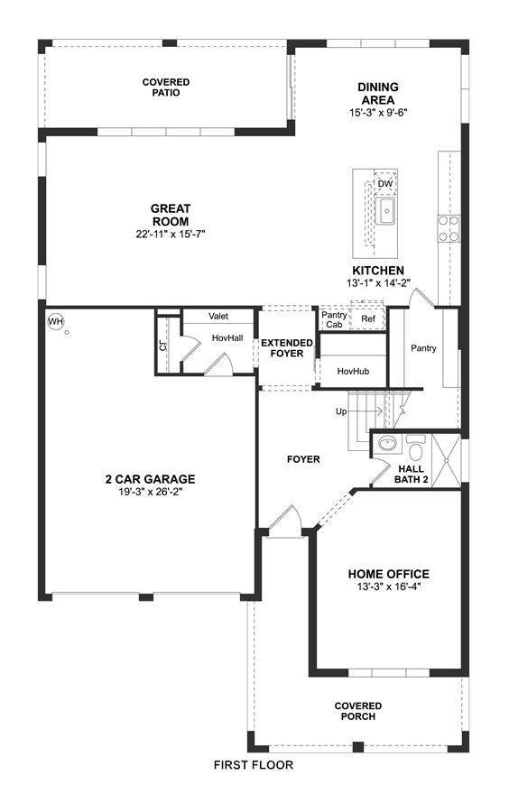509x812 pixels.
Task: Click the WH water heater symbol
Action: [55, 321]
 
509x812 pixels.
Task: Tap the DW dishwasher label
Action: [384, 184]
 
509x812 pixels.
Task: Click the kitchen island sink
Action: [385, 211]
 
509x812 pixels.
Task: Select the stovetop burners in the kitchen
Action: [449, 228]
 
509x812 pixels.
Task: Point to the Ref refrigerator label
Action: [368, 319]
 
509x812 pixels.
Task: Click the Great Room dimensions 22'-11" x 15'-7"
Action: [171, 234]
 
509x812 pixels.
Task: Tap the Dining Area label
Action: [378, 94]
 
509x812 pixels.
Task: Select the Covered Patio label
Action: [166, 87]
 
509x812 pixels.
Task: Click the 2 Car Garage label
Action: [150, 480]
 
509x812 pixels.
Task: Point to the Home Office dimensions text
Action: [388, 586]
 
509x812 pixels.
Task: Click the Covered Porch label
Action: [357, 711]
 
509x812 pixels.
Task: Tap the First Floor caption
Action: [254, 765]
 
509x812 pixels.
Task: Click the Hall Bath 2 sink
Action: [387, 443]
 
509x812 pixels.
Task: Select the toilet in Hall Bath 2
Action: [415, 446]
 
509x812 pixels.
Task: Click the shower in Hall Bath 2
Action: [446, 461]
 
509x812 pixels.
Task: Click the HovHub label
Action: [353, 372]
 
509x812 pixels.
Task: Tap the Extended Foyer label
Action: [287, 348]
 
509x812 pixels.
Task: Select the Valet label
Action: [218, 316]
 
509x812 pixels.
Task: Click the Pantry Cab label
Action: [334, 319]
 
